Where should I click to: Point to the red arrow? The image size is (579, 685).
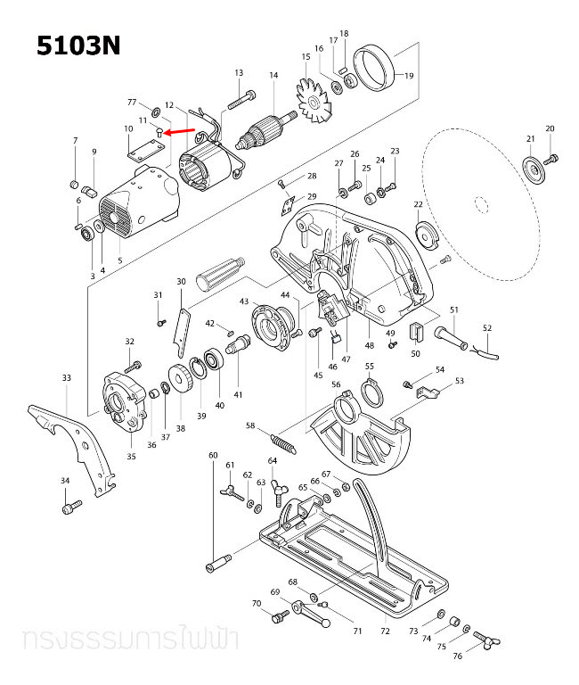click(x=183, y=132)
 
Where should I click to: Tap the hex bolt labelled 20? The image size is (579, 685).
click(x=551, y=159)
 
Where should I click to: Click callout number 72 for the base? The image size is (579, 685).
click(x=385, y=631)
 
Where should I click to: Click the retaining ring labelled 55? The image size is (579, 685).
click(x=371, y=390)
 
